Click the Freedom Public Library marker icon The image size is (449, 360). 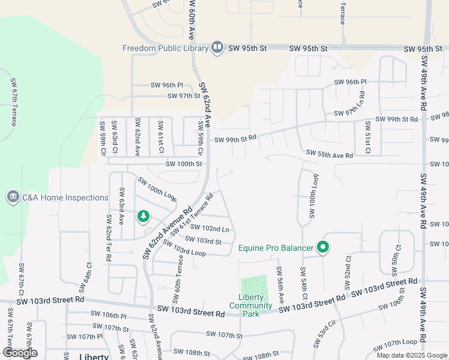pyautogui.click(x=217, y=48)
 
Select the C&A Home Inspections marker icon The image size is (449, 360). pyautogui.click(x=13, y=197)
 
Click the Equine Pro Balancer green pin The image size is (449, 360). pyautogui.click(x=323, y=247)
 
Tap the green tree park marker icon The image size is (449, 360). pyautogui.click(x=143, y=216)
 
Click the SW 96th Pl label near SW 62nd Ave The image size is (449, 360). pyautogui.click(x=167, y=85)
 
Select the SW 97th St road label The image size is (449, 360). pyautogui.click(x=183, y=96)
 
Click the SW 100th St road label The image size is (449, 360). pyautogui.click(x=184, y=163)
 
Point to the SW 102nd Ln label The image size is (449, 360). pyautogui.click(x=209, y=229)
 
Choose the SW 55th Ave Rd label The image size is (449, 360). pyautogui.click(x=330, y=154)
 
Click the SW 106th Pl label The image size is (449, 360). pyautogui.click(x=109, y=314)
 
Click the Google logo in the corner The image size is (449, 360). pyautogui.click(x=20, y=353)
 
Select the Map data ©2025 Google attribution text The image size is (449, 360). pyautogui.click(x=412, y=355)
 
